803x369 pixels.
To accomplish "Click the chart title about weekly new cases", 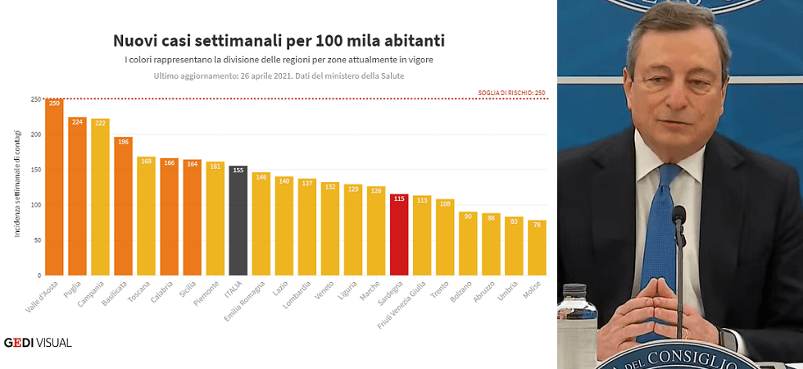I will (279, 40).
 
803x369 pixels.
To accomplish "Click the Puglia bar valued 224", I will (77, 196).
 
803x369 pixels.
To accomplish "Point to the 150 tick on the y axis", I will (36, 170).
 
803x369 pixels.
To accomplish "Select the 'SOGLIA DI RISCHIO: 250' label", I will (511, 93).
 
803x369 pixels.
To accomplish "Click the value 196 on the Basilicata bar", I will (123, 142).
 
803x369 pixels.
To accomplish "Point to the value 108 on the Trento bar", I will (445, 204).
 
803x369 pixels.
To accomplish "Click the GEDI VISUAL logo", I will (38, 342).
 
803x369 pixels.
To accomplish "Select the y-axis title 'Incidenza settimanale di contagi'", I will (17, 187).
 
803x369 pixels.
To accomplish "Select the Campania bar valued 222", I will (100, 197).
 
